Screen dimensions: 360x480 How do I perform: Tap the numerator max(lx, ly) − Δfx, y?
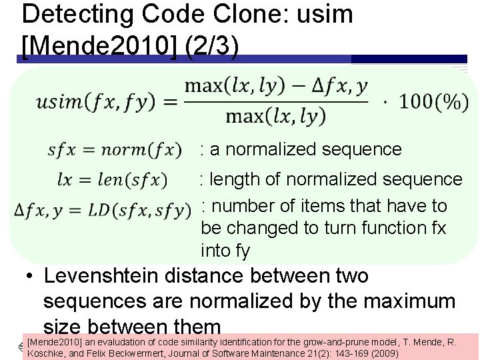tap(276, 87)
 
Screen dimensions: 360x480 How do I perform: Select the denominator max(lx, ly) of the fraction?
tap(276, 117)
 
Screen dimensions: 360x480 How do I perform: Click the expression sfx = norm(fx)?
tap(114, 149)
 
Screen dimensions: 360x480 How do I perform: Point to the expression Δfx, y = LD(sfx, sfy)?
tap(103, 211)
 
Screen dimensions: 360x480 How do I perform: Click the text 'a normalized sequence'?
tap(306, 149)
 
